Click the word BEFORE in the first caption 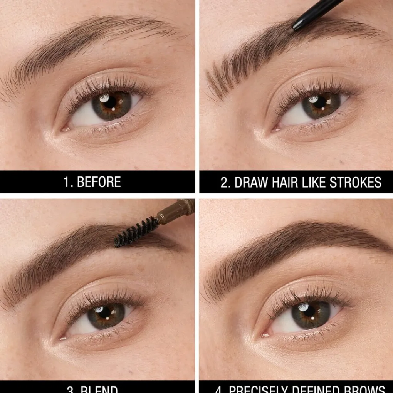coord(99,182)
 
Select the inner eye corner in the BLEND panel coord(62,338)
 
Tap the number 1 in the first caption coord(67,182)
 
